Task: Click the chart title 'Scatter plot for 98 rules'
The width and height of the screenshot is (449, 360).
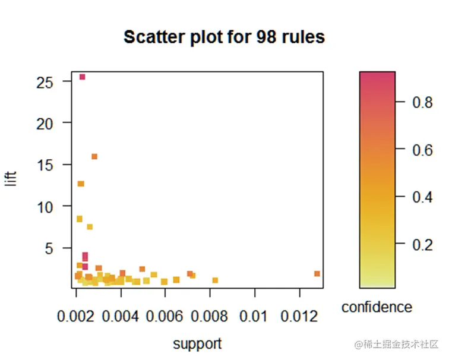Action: click(224, 37)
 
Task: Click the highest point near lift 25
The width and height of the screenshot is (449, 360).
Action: click(83, 77)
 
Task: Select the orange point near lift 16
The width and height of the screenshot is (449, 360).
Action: click(94, 157)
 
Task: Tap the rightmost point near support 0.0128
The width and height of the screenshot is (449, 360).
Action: click(317, 274)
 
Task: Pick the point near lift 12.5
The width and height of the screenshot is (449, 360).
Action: click(81, 184)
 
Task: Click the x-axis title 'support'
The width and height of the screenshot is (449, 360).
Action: click(197, 343)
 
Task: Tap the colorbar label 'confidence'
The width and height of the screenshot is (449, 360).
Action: click(377, 307)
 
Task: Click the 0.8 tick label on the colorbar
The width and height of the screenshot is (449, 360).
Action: click(423, 103)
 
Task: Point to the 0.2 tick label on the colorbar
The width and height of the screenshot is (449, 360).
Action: click(423, 245)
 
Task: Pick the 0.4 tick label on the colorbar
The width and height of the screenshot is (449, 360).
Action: click(423, 197)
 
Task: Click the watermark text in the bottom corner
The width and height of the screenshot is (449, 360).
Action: click(396, 345)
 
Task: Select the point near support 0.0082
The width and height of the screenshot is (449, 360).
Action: click(215, 280)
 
